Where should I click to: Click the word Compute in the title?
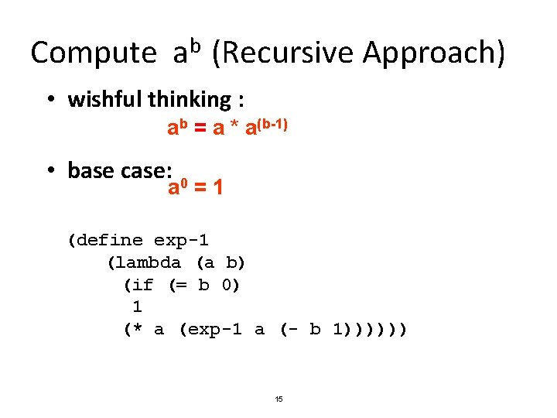coord(93,53)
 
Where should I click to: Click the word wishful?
coord(104,99)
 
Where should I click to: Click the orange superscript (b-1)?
coord(273,122)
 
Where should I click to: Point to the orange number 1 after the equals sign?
coord(218,187)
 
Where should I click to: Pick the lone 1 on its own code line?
coord(137,307)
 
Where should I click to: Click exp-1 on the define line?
coord(181,240)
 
